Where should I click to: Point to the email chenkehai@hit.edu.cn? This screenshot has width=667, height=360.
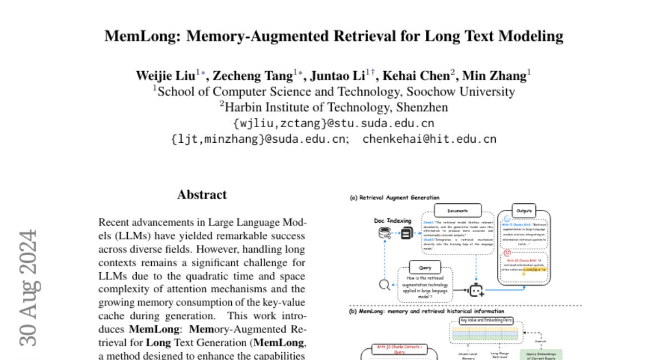429,139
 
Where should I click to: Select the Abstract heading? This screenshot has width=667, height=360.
202,194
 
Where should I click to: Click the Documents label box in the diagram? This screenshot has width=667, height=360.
457,211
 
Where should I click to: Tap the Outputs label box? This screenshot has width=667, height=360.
524,211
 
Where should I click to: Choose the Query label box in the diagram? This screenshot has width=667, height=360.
425,268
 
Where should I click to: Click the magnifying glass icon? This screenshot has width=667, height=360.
384,285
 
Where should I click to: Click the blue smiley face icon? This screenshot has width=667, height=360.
507,219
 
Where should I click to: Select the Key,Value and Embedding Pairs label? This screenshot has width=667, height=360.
486,320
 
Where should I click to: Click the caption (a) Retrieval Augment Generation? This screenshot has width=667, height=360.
394,198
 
